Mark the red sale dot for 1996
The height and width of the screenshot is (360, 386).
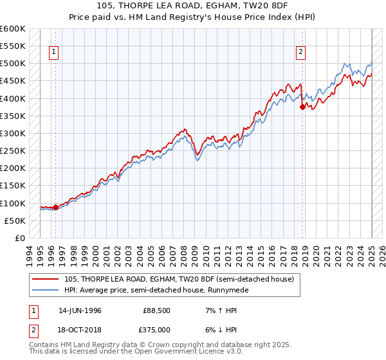click(56, 207)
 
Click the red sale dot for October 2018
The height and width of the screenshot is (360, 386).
click(302, 107)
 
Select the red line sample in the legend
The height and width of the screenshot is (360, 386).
click(46, 279)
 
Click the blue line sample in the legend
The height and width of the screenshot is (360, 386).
click(46, 290)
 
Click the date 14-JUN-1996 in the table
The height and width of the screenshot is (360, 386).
click(80, 310)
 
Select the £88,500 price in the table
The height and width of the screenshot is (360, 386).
click(156, 310)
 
